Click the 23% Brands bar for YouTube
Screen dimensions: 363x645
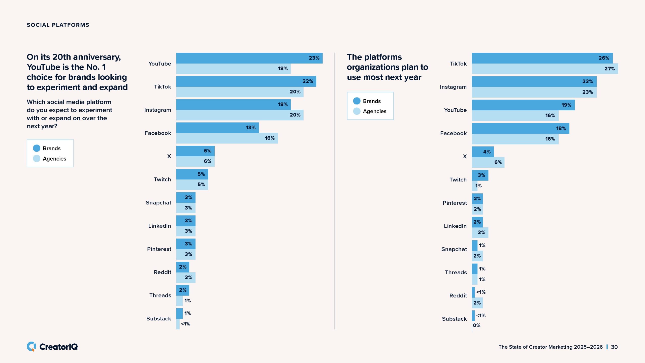click(x=249, y=58)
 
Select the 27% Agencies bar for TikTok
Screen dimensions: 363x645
click(x=545, y=69)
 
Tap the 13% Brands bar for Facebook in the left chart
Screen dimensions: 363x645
click(x=217, y=128)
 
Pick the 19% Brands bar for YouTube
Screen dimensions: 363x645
click(x=523, y=105)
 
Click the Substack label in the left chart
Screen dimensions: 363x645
click(x=159, y=319)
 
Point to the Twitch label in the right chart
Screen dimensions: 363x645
click(x=458, y=180)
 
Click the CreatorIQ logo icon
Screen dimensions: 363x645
click(x=31, y=347)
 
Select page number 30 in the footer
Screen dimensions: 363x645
click(x=614, y=347)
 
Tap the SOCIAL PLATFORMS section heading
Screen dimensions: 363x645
click(x=58, y=25)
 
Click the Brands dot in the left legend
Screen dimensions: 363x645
click(x=37, y=148)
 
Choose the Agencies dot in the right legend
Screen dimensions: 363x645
click(x=357, y=111)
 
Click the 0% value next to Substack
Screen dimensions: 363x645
click(x=476, y=325)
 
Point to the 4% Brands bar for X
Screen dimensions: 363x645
click(x=482, y=152)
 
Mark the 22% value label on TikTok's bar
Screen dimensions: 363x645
click(x=308, y=81)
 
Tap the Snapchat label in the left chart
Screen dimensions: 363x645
click(x=158, y=203)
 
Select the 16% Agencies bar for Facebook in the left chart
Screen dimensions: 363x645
click(x=227, y=138)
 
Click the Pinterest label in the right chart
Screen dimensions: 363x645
click(x=455, y=203)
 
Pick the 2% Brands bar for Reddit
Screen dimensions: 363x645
click(x=182, y=267)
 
